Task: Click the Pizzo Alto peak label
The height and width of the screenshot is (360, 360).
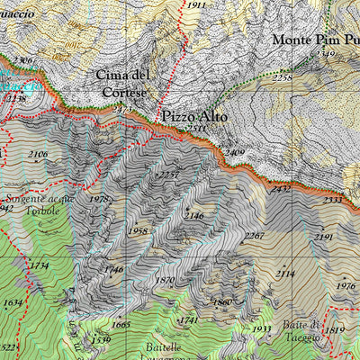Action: coord(194,117)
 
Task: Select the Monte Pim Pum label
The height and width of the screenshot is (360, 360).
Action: coord(315,40)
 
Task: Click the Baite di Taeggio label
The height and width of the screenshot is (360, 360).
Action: coord(302,330)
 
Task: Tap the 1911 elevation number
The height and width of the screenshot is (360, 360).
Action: coord(196,5)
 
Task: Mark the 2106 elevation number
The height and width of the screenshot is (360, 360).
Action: coord(38,155)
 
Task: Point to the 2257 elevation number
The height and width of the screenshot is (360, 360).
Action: coord(167,175)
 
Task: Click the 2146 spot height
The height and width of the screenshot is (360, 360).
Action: coord(193,216)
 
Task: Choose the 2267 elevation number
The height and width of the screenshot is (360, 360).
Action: coord(255,236)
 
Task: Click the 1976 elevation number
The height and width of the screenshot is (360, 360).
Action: coord(346,286)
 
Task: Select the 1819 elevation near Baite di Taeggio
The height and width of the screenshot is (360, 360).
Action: coord(334,330)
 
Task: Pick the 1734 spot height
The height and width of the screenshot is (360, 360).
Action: coord(38,265)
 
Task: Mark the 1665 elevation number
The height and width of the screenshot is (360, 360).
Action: coord(121,325)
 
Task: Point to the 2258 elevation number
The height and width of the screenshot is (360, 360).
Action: coord(283,78)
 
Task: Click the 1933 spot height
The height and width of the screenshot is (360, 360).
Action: coord(261,329)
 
